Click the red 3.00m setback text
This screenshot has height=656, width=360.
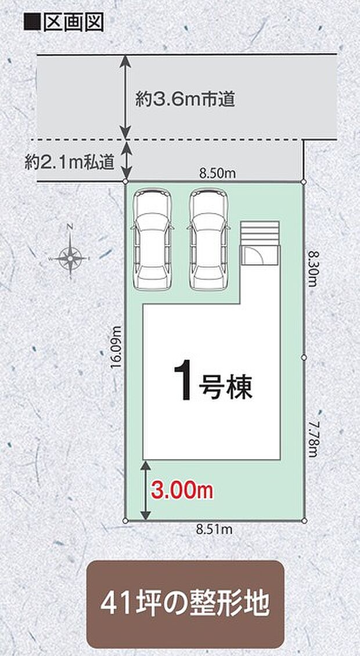click(x=182, y=491)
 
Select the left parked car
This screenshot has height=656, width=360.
click(x=153, y=239)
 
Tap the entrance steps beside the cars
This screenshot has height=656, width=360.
click(x=260, y=244)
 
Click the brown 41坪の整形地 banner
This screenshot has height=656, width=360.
click(x=185, y=604)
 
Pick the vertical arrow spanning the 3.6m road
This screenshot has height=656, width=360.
click(x=125, y=97)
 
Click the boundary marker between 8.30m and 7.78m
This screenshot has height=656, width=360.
click(x=303, y=358)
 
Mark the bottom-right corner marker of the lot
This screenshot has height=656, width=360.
click(x=303, y=521)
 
